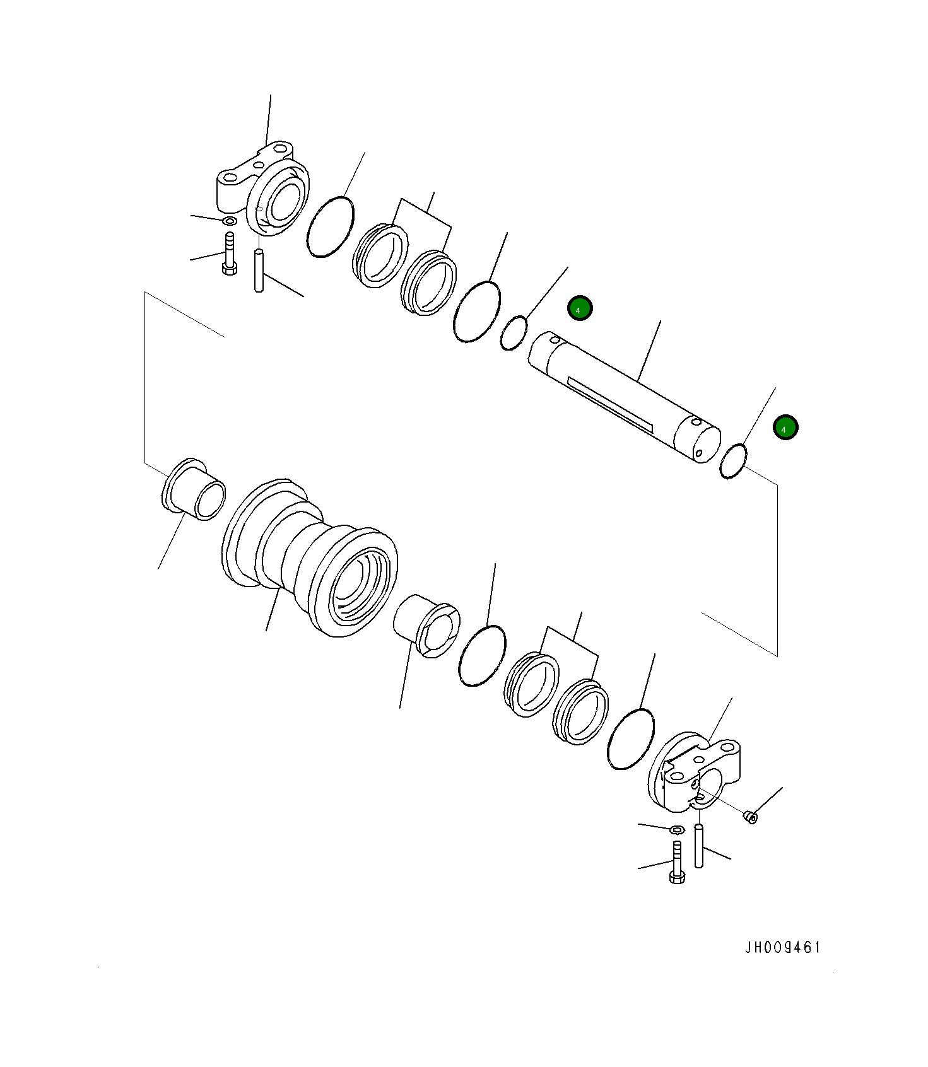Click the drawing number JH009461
pyautogui.click(x=783, y=948)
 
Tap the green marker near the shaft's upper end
pyautogui.click(x=579, y=308)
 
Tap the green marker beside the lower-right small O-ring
pyautogui.click(x=785, y=428)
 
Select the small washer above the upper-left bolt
pyautogui.click(x=230, y=221)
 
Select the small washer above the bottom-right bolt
pyautogui.click(x=677, y=829)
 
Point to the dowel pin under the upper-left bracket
pyautogui.click(x=258, y=271)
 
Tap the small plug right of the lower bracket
pyautogui.click(x=751, y=817)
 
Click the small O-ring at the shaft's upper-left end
pyautogui.click(x=514, y=334)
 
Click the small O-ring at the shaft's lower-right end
pyautogui.click(x=734, y=461)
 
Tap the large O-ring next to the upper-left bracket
pyautogui.click(x=330, y=226)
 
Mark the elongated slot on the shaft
pyautogui.click(x=609, y=404)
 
